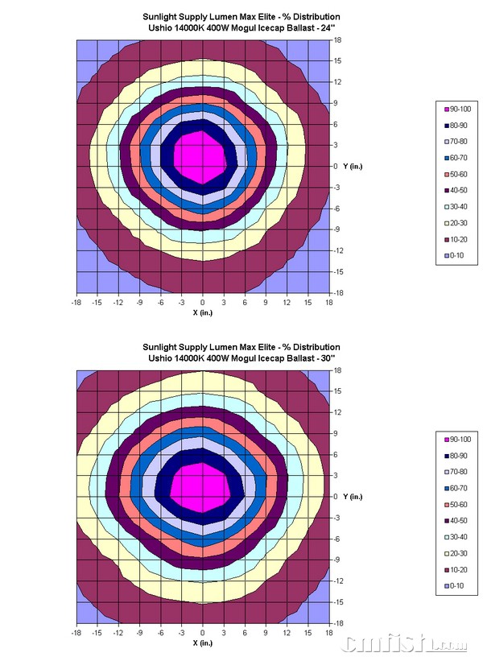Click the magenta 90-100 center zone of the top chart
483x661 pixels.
(x=200, y=156)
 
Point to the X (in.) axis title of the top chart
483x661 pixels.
(x=203, y=312)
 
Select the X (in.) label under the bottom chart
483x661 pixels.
(x=203, y=642)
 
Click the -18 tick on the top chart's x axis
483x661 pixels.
(x=76, y=302)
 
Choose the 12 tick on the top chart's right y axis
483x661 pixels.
(x=339, y=81)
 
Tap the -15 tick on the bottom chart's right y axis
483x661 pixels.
(x=339, y=601)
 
